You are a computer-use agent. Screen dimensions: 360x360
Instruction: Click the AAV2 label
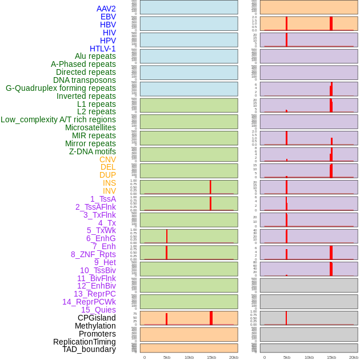pyautogui.click(x=106, y=9)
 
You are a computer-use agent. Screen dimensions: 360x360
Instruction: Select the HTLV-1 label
pyautogui.click(x=102, y=49)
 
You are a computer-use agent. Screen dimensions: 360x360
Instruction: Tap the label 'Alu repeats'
pyautogui.click(x=95, y=56)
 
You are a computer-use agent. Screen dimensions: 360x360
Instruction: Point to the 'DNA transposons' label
pyautogui.click(x=84, y=80)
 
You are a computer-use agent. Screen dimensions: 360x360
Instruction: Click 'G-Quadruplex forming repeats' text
pyautogui.click(x=61, y=88)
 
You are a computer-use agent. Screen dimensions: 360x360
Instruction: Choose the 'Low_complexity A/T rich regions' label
pyautogui.click(x=58, y=119)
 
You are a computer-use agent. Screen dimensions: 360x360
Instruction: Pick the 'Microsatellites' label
pyautogui.click(x=90, y=127)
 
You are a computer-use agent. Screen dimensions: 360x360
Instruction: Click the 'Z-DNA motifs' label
pyautogui.click(x=92, y=151)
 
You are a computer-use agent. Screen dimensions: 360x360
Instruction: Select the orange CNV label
pyautogui.click(x=107, y=159)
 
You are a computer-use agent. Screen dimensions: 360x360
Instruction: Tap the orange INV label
pyautogui.click(x=109, y=191)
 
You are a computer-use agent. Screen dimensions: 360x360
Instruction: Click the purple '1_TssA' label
pyautogui.click(x=103, y=199)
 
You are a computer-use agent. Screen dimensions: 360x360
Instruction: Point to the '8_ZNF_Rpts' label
pyautogui.click(x=93, y=254)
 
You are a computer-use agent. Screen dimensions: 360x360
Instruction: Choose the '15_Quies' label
pyautogui.click(x=98, y=310)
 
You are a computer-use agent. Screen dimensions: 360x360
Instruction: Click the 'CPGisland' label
pyautogui.click(x=97, y=318)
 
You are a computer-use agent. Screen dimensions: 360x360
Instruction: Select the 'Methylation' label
pyautogui.click(x=95, y=326)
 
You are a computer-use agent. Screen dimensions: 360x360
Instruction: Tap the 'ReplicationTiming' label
pyautogui.click(x=84, y=342)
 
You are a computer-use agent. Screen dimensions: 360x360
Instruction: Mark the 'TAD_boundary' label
pyautogui.click(x=89, y=349)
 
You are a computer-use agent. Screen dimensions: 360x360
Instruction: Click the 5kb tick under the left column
pyautogui.click(x=166, y=357)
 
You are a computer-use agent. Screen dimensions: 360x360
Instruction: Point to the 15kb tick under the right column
pyautogui.click(x=331, y=357)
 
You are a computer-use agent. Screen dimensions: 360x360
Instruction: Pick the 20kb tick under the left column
pyautogui.click(x=233, y=357)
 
